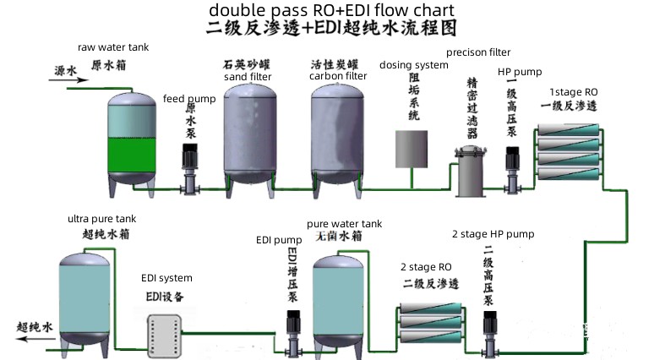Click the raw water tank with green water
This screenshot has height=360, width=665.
pos(131,139)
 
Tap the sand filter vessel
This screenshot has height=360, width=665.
pos(248,135)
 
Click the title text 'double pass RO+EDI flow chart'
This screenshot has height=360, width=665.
pos(332,10)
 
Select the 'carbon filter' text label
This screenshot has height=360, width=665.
pos(338,76)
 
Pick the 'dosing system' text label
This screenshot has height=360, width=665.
pos(413,65)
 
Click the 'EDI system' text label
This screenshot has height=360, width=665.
pos(166,278)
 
